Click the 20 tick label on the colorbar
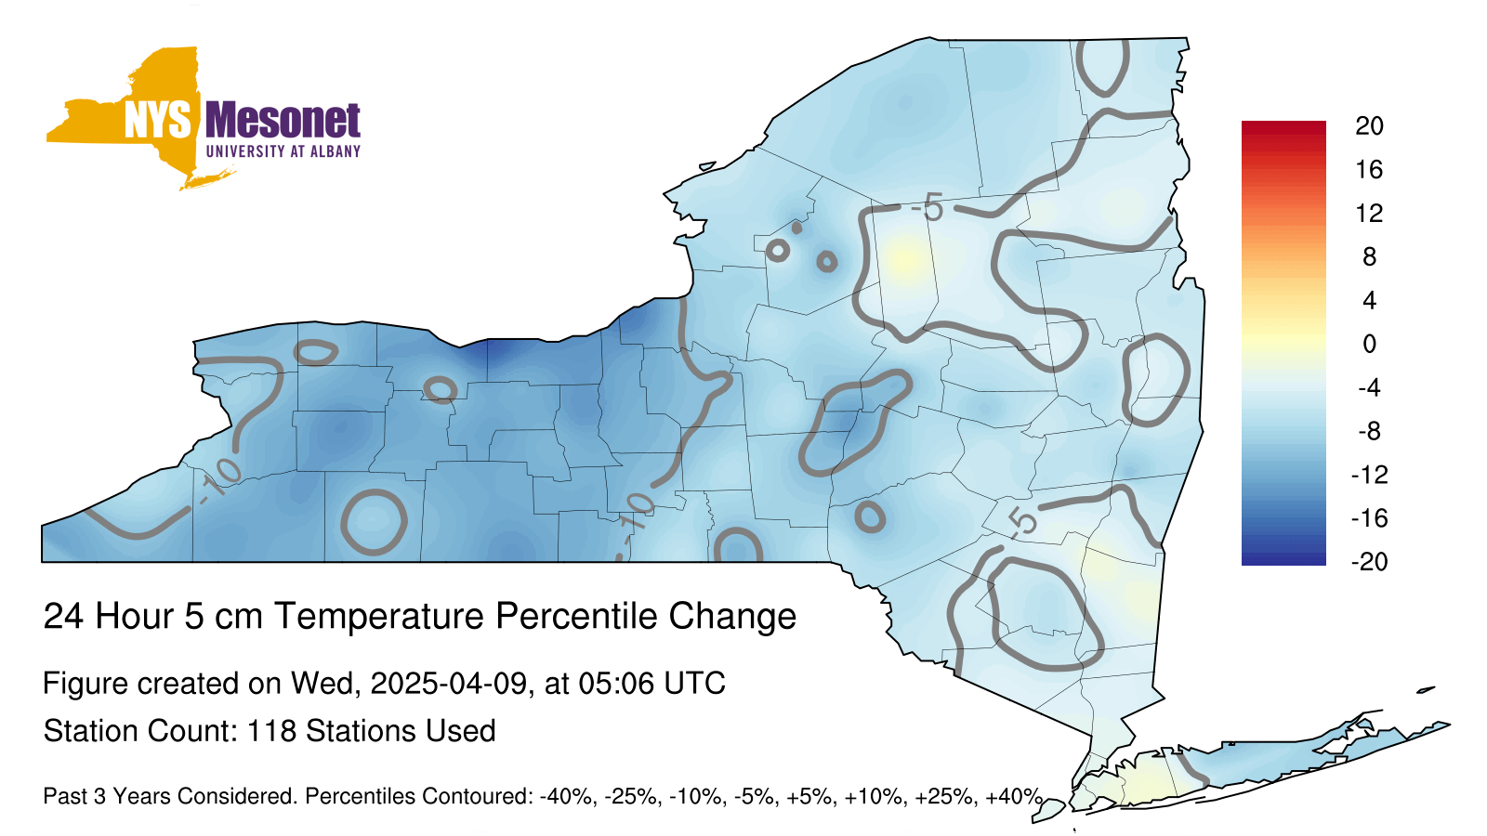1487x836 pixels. [x=1369, y=126]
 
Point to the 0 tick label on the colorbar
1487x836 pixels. [x=1369, y=344]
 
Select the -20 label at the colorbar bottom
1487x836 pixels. [x=1369, y=562]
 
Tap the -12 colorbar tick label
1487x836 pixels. [x=1369, y=475]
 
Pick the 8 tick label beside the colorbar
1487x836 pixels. [x=1369, y=256]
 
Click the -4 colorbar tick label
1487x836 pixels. [x=1369, y=387]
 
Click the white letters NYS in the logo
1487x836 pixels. [x=157, y=121]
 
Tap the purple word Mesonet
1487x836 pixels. [x=283, y=120]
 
